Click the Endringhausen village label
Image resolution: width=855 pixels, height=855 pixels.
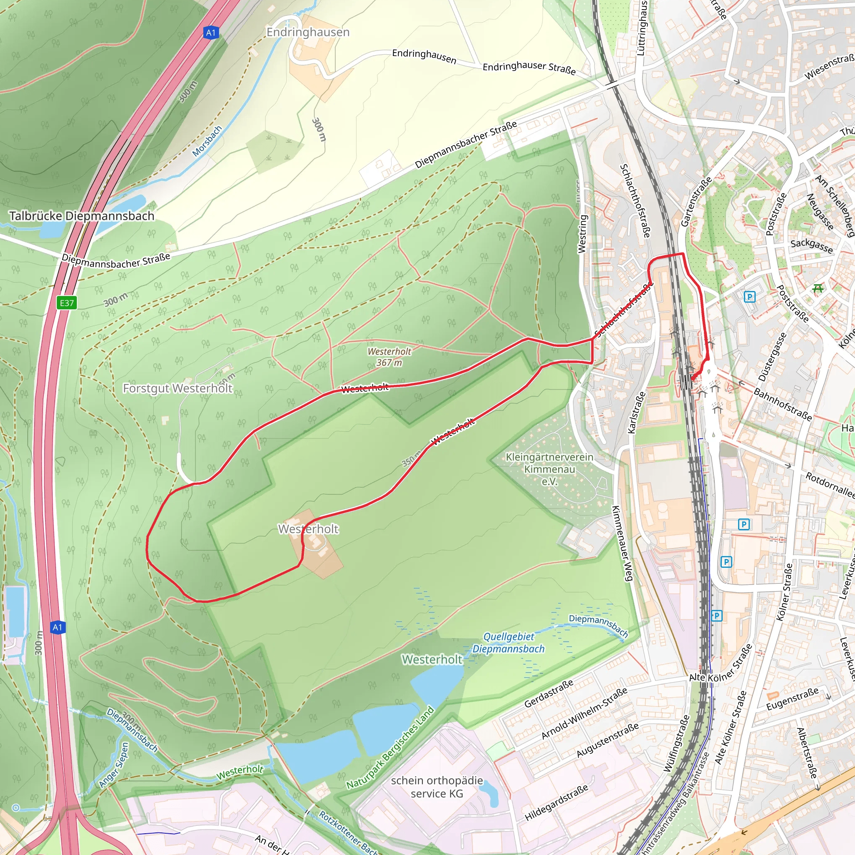[308, 32]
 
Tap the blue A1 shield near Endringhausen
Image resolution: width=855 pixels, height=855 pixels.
[211, 33]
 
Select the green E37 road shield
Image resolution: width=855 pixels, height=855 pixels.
[67, 303]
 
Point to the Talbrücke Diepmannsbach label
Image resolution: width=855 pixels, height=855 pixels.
[82, 216]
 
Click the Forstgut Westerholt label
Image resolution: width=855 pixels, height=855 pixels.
[177, 388]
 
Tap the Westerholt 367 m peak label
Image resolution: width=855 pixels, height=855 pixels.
[389, 357]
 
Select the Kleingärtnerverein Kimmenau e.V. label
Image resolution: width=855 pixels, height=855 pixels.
[549, 469]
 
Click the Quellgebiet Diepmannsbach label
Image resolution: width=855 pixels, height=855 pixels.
[508, 643]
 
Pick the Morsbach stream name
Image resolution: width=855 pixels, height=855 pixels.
[207, 141]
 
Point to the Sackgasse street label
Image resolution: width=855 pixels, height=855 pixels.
[812, 245]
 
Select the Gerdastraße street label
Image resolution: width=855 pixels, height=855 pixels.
[549, 693]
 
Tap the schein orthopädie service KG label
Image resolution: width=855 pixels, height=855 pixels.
[437, 787]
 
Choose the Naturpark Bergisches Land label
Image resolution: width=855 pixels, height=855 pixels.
[390, 747]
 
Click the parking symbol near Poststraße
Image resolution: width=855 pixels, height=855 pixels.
[749, 296]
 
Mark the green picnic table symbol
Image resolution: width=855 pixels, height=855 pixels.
[818, 288]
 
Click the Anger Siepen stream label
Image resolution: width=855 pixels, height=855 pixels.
[114, 765]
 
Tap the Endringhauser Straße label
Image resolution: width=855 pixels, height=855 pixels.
[529, 68]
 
